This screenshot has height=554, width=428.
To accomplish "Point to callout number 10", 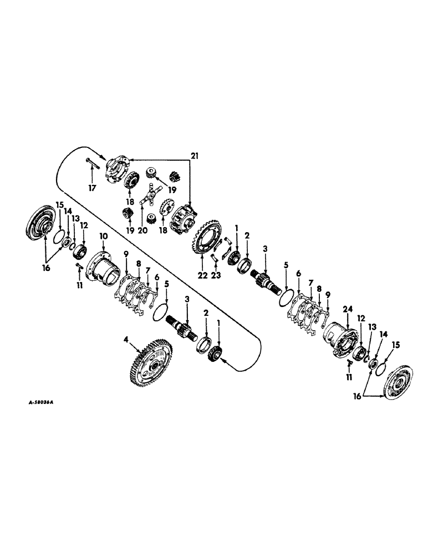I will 103,237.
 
